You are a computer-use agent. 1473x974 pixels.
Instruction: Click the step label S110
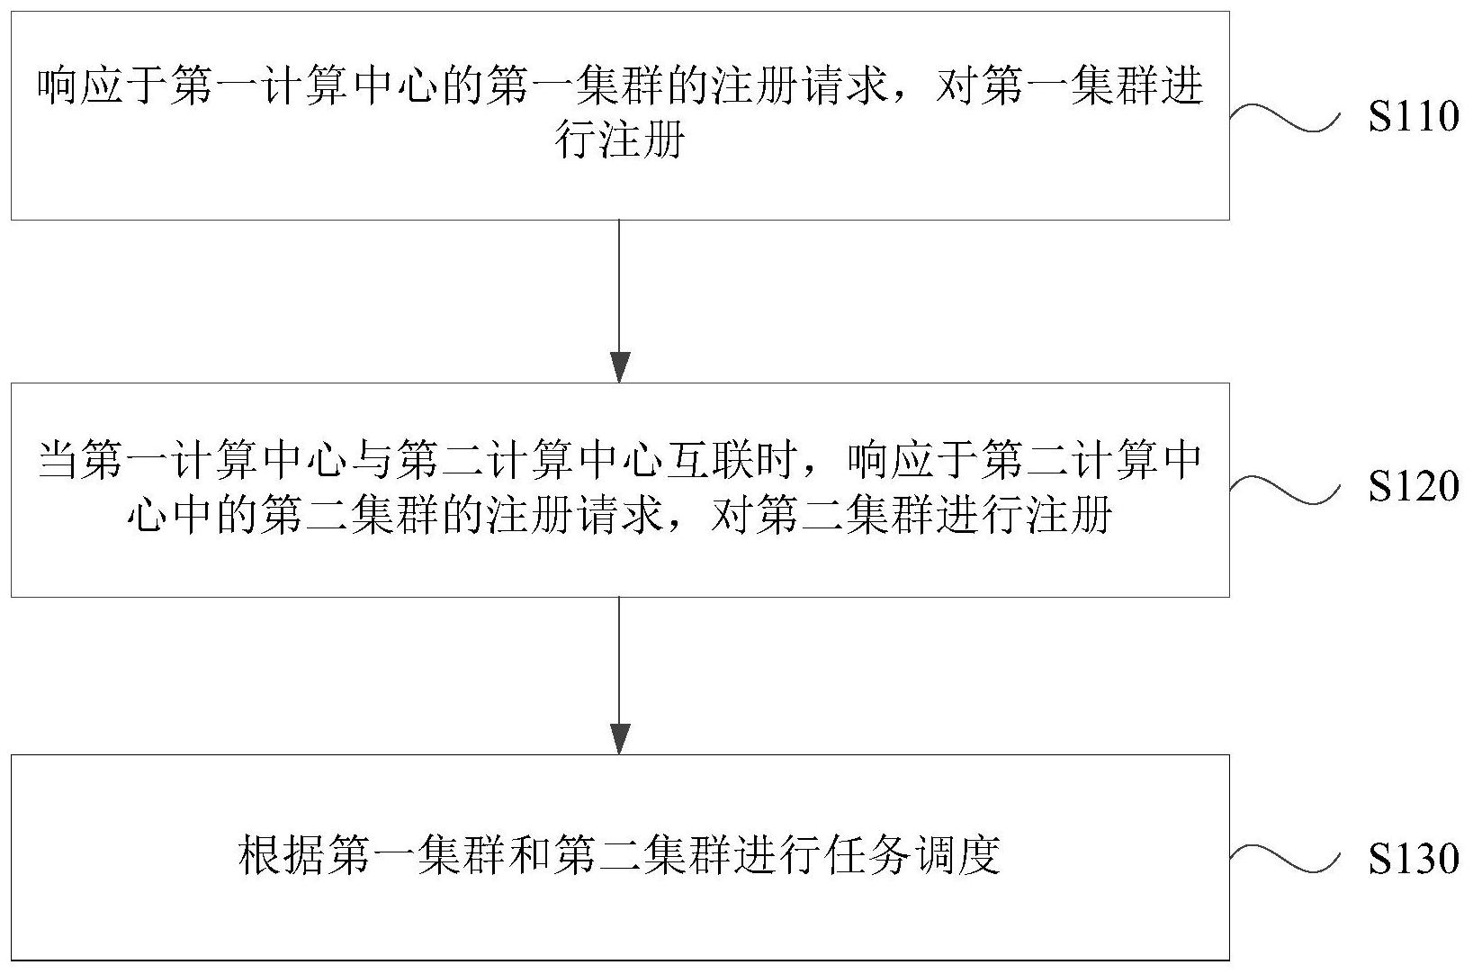tap(1414, 116)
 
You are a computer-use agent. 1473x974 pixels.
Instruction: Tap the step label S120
tap(1414, 487)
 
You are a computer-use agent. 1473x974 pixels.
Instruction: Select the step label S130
tap(1414, 858)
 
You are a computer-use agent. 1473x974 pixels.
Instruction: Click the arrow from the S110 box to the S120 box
tap(619, 302)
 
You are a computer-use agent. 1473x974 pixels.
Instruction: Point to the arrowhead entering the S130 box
tap(619, 739)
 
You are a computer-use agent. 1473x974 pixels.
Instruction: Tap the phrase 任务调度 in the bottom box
tap(914, 855)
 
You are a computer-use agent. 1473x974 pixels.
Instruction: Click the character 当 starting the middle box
tap(59, 460)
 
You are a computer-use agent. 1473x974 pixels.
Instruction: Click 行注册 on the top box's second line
tap(619, 140)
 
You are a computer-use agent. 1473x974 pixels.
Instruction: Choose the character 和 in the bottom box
tap(530, 855)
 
